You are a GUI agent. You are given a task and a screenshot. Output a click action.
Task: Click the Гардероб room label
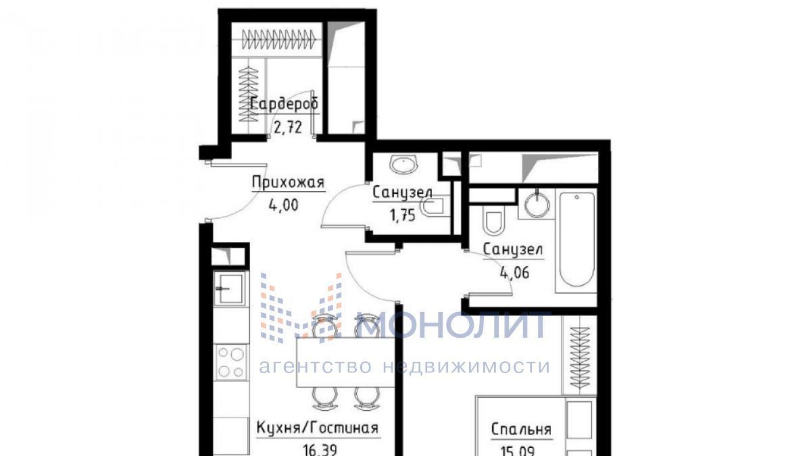click(285, 104)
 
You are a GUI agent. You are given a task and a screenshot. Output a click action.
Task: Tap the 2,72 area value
click(288, 128)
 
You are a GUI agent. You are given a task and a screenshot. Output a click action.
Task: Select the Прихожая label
click(288, 182)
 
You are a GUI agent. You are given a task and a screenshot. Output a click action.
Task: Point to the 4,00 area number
click(283, 205)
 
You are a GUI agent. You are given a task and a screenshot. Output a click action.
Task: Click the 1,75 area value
click(402, 216)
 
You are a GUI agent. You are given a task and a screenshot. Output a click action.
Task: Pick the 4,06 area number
click(514, 272)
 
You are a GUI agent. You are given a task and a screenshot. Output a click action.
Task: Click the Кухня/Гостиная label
click(318, 428)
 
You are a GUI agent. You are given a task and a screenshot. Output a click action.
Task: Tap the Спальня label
click(521, 430)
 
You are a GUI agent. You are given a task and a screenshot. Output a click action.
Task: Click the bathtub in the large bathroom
click(577, 239)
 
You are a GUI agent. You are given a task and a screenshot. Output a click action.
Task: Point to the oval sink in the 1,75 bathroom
click(404, 165)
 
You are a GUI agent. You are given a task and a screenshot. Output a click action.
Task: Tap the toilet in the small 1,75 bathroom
click(433, 207)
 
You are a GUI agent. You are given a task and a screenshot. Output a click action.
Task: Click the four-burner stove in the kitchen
click(230, 362)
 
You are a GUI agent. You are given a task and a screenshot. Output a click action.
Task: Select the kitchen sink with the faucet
click(229, 288)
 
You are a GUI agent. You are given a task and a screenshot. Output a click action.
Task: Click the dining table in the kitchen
click(346, 362)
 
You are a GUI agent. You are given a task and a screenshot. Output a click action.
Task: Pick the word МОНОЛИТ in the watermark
click(454, 325)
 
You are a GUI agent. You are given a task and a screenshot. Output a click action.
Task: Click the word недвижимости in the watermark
click(466, 366)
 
